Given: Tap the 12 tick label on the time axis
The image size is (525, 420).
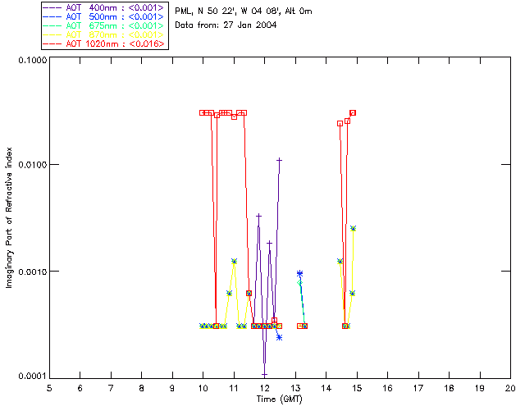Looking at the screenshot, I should tap(264, 387).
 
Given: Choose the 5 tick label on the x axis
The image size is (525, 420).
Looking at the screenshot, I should tap(49, 387).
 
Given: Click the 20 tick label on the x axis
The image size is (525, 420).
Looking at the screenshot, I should tap(510, 387).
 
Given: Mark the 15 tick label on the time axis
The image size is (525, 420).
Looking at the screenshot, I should tap(357, 387).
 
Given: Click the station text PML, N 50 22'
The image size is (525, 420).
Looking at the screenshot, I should tap(209, 11).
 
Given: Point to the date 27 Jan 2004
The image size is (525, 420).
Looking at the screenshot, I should tap(249, 25).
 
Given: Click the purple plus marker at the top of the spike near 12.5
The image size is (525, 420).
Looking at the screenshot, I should tap(280, 160).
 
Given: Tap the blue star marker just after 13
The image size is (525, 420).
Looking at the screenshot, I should tap(300, 273).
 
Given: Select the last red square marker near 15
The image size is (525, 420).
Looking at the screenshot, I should tap(353, 112).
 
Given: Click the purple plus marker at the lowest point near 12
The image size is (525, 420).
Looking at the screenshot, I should tap(264, 375).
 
